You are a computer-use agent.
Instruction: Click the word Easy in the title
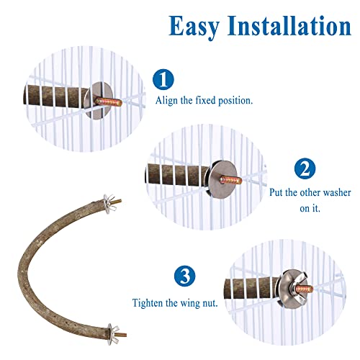[194, 27]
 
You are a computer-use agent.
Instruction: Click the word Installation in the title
[289, 25]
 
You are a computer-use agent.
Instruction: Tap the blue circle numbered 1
[163, 79]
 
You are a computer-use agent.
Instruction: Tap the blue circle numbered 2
[305, 168]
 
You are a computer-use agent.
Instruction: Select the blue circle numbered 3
[185, 276]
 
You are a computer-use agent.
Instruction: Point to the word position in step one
[235, 101]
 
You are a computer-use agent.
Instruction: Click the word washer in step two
[337, 193]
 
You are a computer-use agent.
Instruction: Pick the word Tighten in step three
[148, 303]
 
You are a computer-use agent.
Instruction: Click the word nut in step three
[210, 303]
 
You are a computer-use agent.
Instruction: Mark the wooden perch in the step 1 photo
[56, 96]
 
